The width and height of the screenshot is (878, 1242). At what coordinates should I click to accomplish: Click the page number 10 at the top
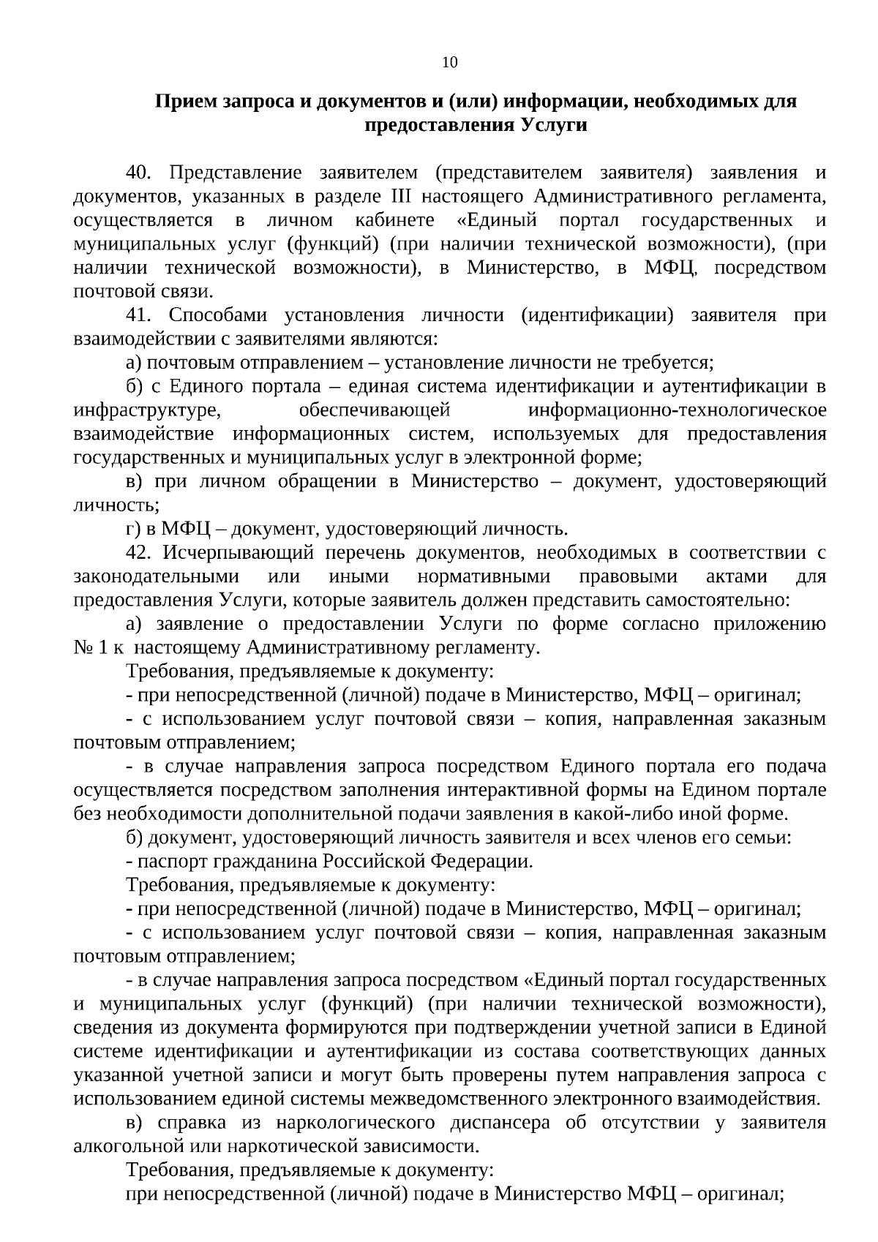pos(450,63)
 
